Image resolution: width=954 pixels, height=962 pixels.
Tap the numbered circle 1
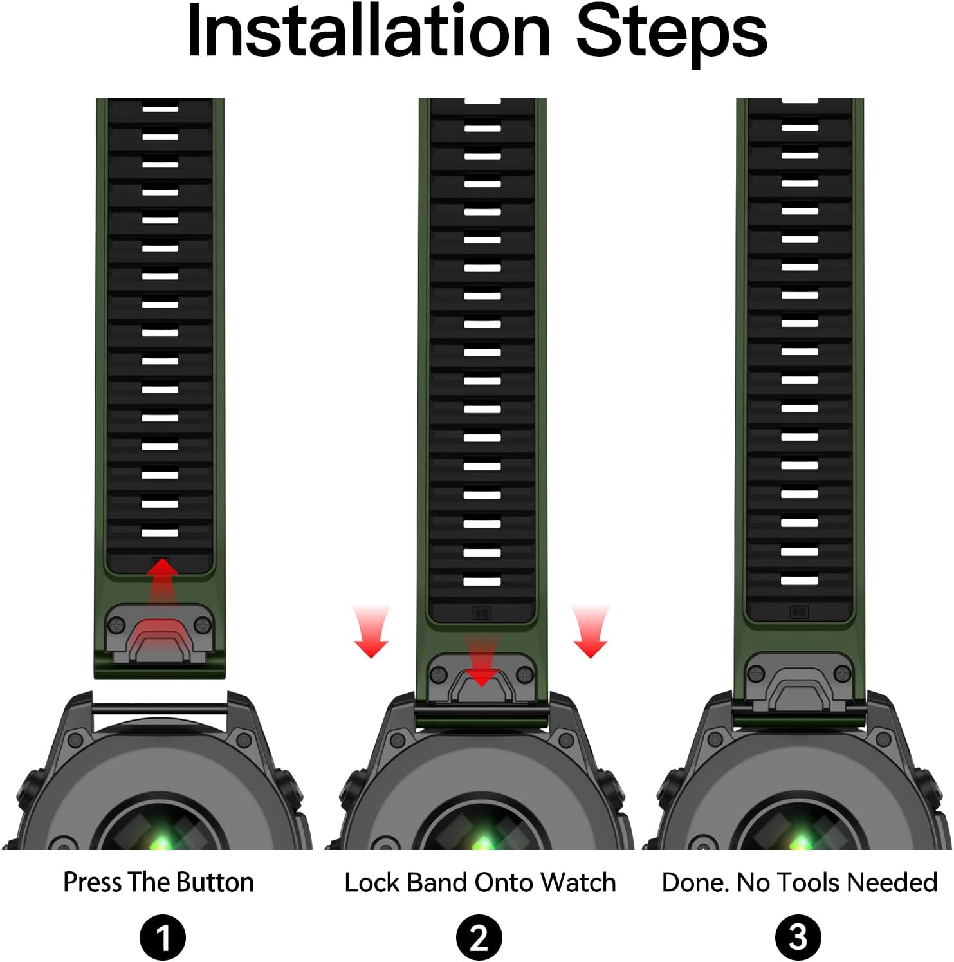[163, 938]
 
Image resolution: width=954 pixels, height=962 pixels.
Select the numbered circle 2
[479, 938]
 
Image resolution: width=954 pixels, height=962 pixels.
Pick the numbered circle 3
[798, 938]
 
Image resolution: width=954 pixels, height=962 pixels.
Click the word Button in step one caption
[215, 882]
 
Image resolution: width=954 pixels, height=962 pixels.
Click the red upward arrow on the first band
[163, 582]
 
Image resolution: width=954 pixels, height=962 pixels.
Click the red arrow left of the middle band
[372, 631]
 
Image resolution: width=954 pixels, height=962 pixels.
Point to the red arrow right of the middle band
[590, 631]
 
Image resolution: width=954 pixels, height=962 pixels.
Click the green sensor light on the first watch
[162, 840]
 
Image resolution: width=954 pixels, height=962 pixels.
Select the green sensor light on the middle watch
[481, 840]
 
